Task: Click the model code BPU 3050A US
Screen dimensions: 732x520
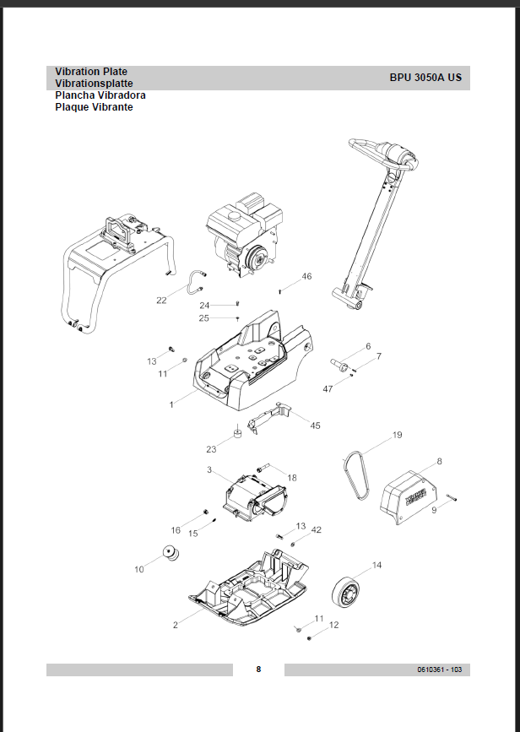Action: (425, 77)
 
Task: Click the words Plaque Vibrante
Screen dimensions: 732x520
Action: (94, 107)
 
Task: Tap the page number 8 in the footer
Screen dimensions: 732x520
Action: (258, 670)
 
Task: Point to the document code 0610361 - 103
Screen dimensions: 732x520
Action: (438, 670)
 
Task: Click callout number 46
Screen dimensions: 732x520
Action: (306, 276)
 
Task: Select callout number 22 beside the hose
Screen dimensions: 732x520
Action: (161, 300)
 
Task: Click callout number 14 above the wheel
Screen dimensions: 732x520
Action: (376, 565)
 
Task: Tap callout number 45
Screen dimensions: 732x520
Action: (315, 426)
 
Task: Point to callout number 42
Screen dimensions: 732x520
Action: (317, 529)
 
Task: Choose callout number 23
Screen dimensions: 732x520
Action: (212, 449)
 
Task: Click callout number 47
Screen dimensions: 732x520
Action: (328, 388)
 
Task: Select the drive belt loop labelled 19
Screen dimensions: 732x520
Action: (355, 477)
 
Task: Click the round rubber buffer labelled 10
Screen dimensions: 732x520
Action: (173, 556)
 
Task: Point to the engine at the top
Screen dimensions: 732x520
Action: (244, 235)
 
